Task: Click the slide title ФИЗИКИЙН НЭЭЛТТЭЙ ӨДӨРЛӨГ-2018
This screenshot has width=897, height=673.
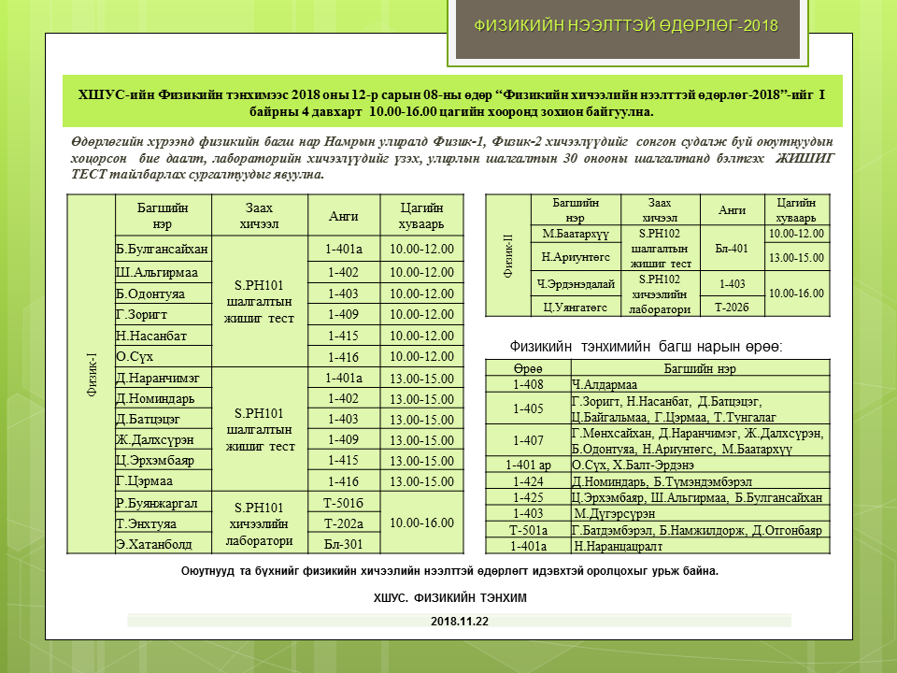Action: click(x=625, y=25)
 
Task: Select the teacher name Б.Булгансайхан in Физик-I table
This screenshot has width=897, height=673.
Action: click(x=163, y=250)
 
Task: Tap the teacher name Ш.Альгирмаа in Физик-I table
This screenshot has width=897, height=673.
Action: click(x=157, y=272)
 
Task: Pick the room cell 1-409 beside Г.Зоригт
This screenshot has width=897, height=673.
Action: click(x=343, y=313)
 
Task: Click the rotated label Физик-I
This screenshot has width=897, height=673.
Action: click(x=93, y=374)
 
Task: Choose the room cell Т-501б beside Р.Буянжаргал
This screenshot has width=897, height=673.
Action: click(x=343, y=503)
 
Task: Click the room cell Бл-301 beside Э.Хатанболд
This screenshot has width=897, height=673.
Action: click(x=343, y=543)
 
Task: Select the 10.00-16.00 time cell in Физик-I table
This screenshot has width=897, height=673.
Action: click(x=421, y=523)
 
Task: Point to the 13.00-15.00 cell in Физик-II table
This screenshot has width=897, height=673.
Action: click(x=794, y=257)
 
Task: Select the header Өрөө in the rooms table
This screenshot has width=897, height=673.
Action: click(x=528, y=369)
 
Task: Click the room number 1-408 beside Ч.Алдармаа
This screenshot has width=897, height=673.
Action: click(x=528, y=384)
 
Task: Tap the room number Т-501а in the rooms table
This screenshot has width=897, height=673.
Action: click(x=528, y=530)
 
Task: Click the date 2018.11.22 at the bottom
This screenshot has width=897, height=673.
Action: click(x=459, y=621)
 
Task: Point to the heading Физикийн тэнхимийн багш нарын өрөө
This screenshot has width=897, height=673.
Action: click(x=646, y=347)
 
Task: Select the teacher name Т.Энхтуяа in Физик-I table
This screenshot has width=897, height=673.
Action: click(x=147, y=523)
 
